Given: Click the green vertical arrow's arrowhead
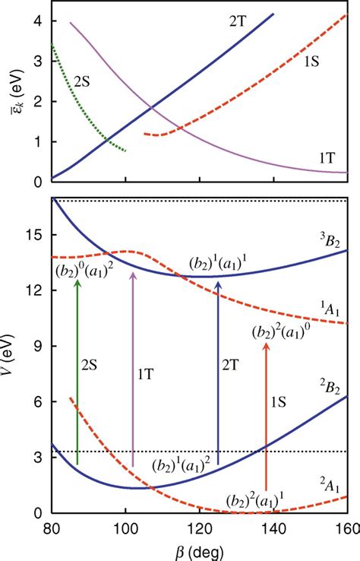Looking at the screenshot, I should coord(77,284).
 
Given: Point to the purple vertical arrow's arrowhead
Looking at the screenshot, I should coord(133,275).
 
